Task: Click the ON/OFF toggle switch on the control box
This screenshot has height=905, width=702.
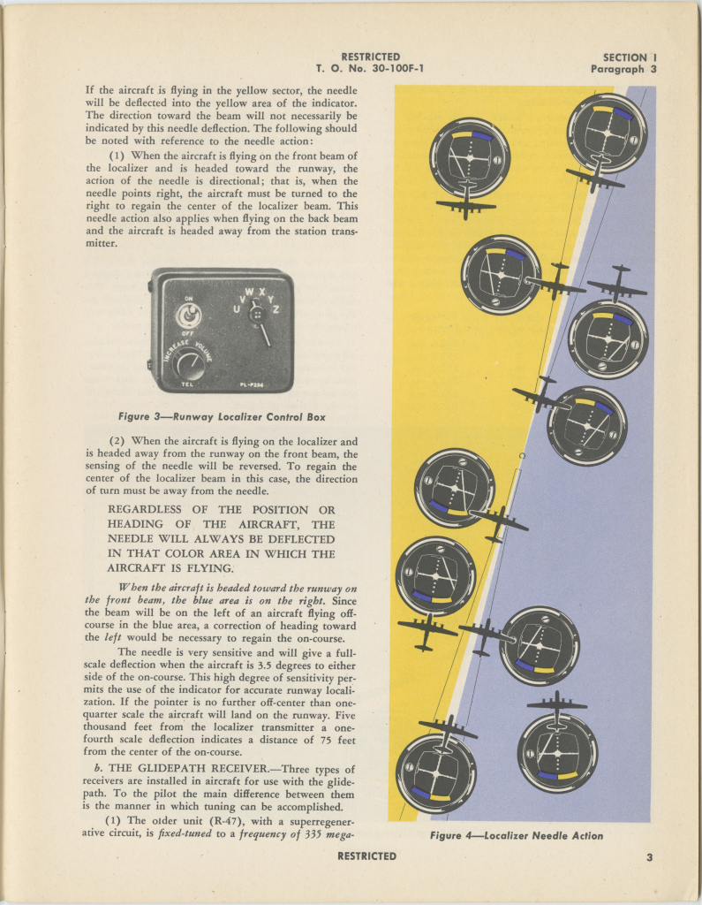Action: click(x=187, y=316)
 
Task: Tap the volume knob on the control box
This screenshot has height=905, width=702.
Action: click(x=188, y=361)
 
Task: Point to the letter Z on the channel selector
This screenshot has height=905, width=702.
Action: click(x=276, y=309)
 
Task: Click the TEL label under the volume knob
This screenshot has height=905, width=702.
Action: click(x=187, y=384)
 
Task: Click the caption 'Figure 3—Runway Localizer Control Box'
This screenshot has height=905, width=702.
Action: click(x=227, y=416)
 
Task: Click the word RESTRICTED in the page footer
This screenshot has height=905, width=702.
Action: click(x=366, y=856)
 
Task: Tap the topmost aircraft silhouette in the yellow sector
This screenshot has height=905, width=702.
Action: click(x=465, y=204)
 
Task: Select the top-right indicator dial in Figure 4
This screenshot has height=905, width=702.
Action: click(x=607, y=133)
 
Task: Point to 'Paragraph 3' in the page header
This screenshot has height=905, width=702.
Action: click(x=623, y=69)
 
